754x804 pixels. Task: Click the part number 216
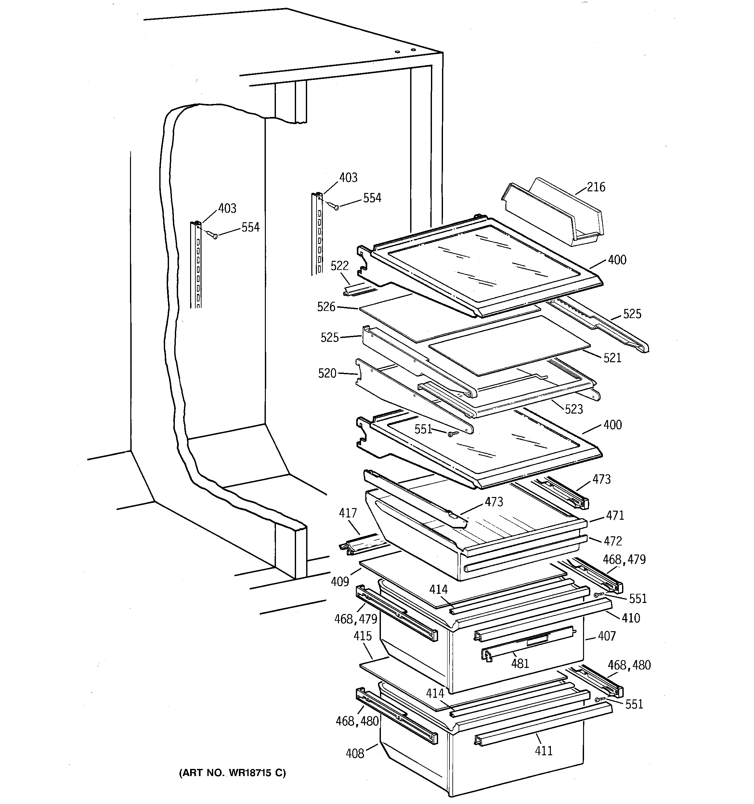596,187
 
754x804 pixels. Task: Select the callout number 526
326,307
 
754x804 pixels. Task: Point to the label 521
612,358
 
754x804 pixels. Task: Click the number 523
574,409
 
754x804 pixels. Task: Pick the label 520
327,373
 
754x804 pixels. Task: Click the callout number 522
339,266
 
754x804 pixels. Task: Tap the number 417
348,513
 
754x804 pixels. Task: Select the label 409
340,581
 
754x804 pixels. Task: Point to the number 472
612,541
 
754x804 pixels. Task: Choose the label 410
631,618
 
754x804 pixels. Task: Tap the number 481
520,663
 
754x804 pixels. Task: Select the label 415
362,636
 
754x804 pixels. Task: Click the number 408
355,753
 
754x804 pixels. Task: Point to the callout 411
543,751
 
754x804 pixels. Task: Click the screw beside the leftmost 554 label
215,236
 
